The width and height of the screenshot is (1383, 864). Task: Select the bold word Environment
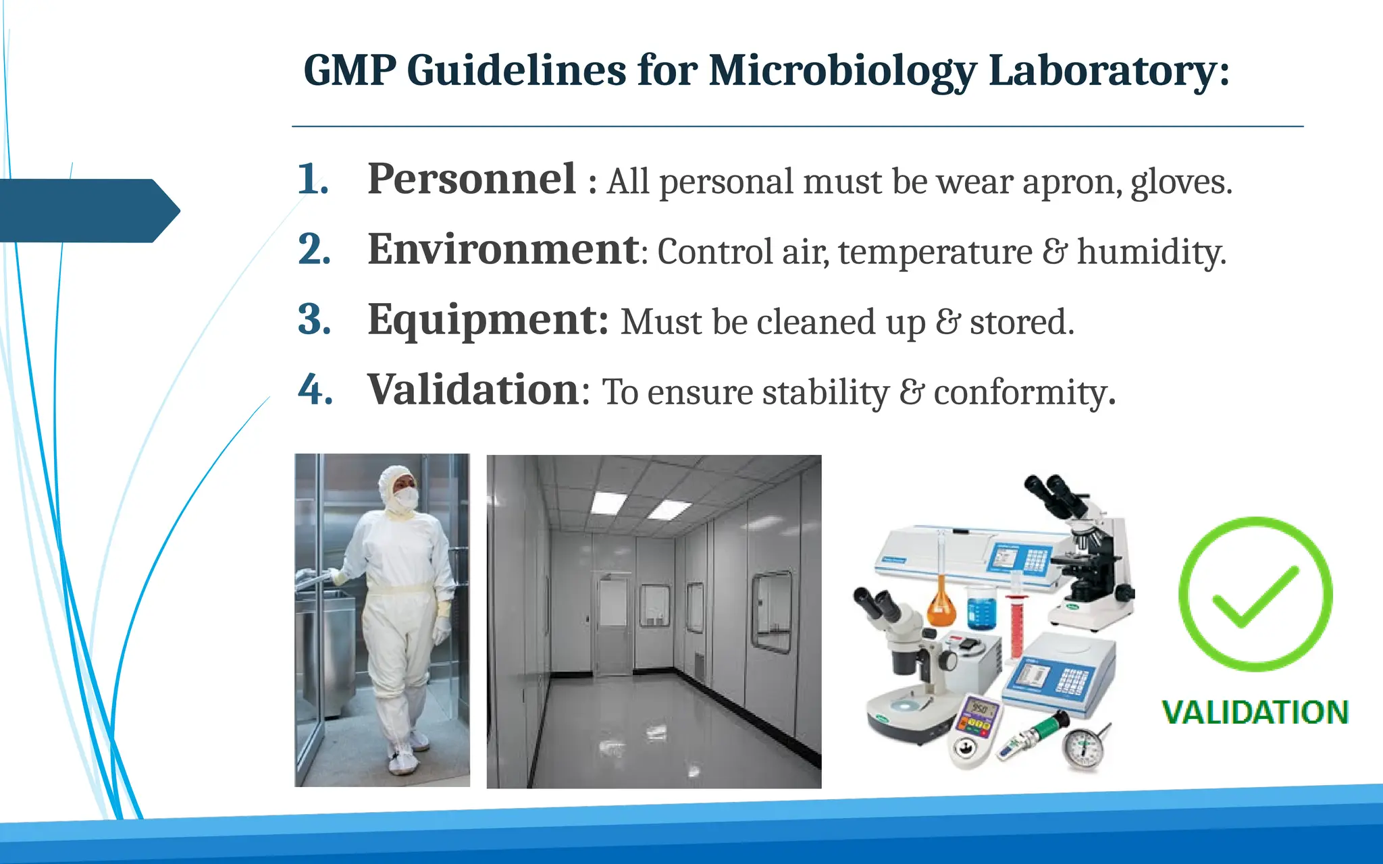(503, 250)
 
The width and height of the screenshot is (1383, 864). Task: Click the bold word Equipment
(488, 320)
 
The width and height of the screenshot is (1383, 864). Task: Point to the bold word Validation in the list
(473, 390)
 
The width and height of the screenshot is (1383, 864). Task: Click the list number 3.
(314, 320)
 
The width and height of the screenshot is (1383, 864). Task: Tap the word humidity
(1151, 252)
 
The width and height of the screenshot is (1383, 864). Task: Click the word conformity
(1024, 393)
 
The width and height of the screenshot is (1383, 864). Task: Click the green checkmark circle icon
(1255, 594)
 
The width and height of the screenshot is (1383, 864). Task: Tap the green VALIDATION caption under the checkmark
(1255, 713)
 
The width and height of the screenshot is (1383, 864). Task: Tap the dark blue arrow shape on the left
(88, 211)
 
